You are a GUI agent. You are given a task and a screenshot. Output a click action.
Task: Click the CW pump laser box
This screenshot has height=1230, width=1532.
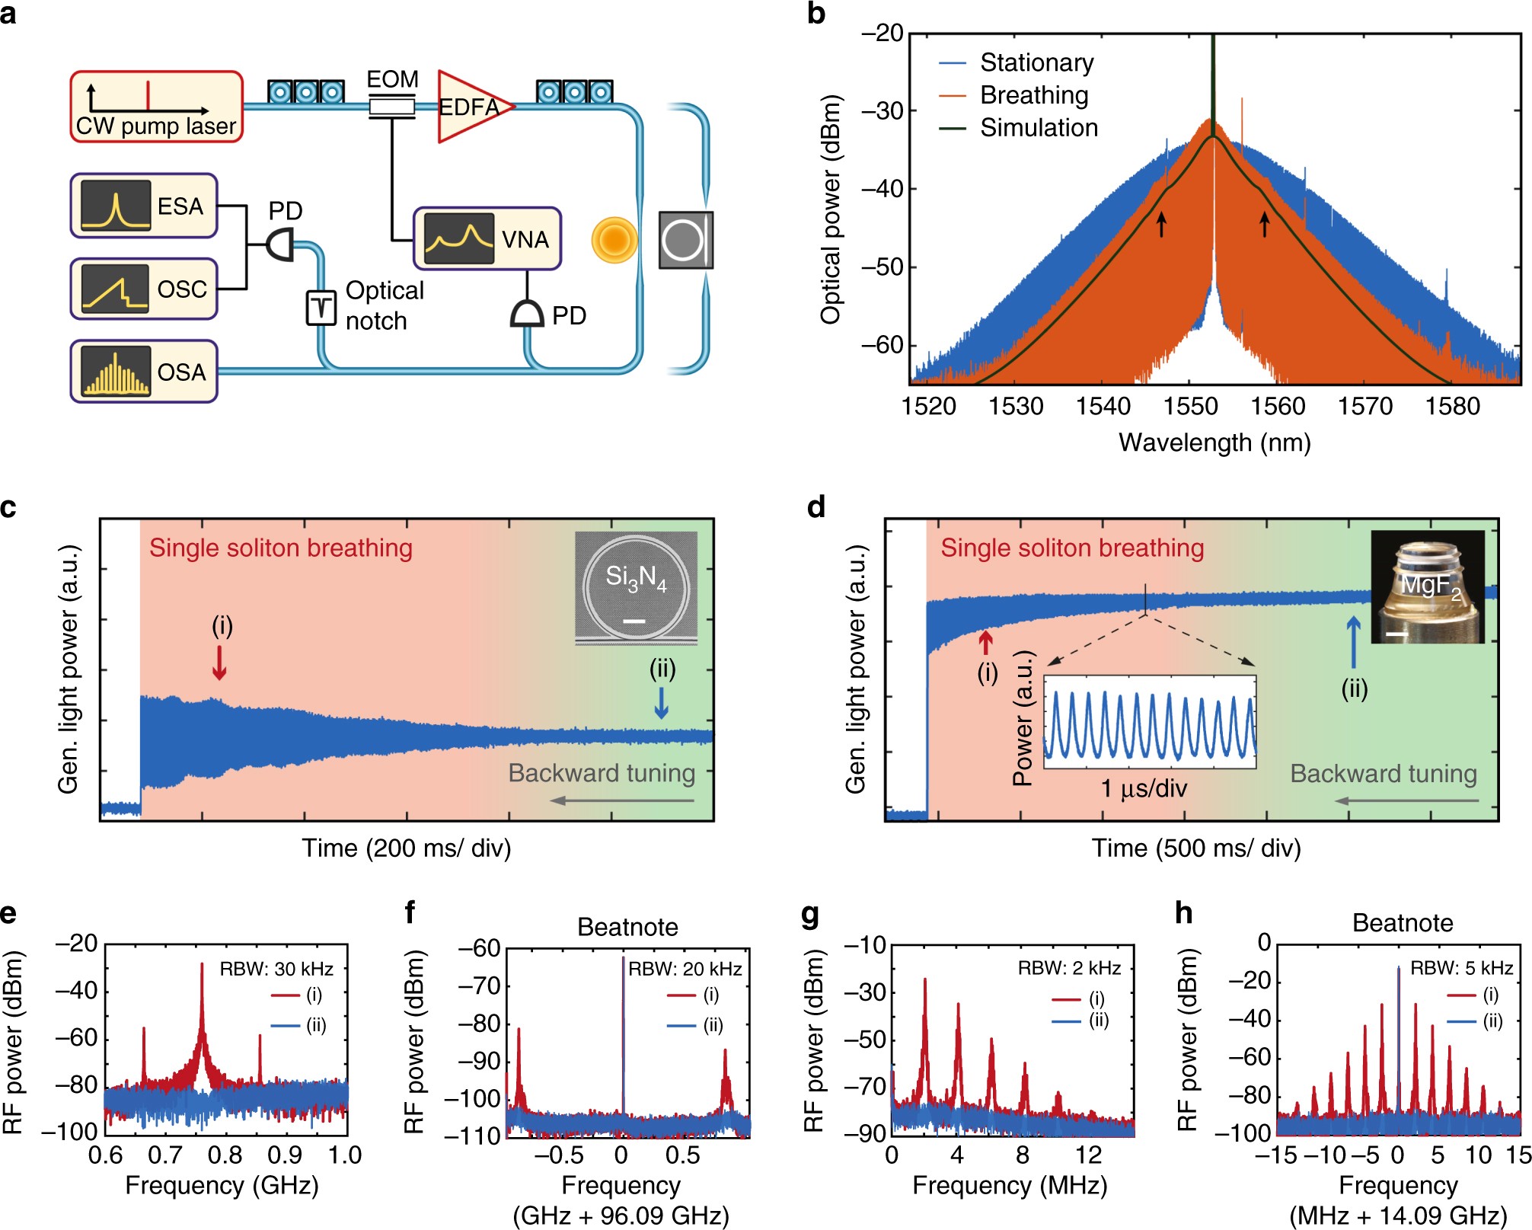[x=156, y=107]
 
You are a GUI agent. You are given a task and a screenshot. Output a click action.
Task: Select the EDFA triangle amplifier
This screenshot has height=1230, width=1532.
[x=469, y=107]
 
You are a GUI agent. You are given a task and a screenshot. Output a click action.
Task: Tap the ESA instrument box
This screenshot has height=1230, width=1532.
[x=144, y=206]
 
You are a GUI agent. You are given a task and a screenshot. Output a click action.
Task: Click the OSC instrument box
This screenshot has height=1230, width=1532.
[x=144, y=289]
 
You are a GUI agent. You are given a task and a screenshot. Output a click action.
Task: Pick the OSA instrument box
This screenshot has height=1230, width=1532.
[x=144, y=372]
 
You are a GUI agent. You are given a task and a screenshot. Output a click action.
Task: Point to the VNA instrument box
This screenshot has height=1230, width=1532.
[x=487, y=238]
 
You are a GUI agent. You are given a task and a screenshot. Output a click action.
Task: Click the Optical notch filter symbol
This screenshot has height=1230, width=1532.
[x=321, y=307]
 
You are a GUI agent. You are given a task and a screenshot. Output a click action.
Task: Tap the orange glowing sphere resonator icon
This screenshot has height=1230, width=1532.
[x=614, y=240]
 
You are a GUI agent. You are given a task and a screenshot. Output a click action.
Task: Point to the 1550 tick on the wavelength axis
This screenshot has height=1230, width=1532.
[x=1190, y=406]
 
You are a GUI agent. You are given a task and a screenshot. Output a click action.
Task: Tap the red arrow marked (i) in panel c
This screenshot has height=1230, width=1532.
[x=219, y=662]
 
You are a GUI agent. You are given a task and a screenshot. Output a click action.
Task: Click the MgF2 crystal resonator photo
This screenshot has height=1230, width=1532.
[x=1428, y=586]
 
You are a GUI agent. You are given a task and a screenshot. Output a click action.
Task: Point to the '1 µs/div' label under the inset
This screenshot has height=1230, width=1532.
[x=1144, y=788]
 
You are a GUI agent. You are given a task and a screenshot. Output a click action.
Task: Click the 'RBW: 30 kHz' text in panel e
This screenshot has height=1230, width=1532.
[x=276, y=969]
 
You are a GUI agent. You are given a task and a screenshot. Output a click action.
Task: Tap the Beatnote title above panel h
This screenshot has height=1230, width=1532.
[x=1402, y=923]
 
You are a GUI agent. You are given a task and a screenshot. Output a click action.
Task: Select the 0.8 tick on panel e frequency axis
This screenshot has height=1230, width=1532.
[x=225, y=1155]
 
